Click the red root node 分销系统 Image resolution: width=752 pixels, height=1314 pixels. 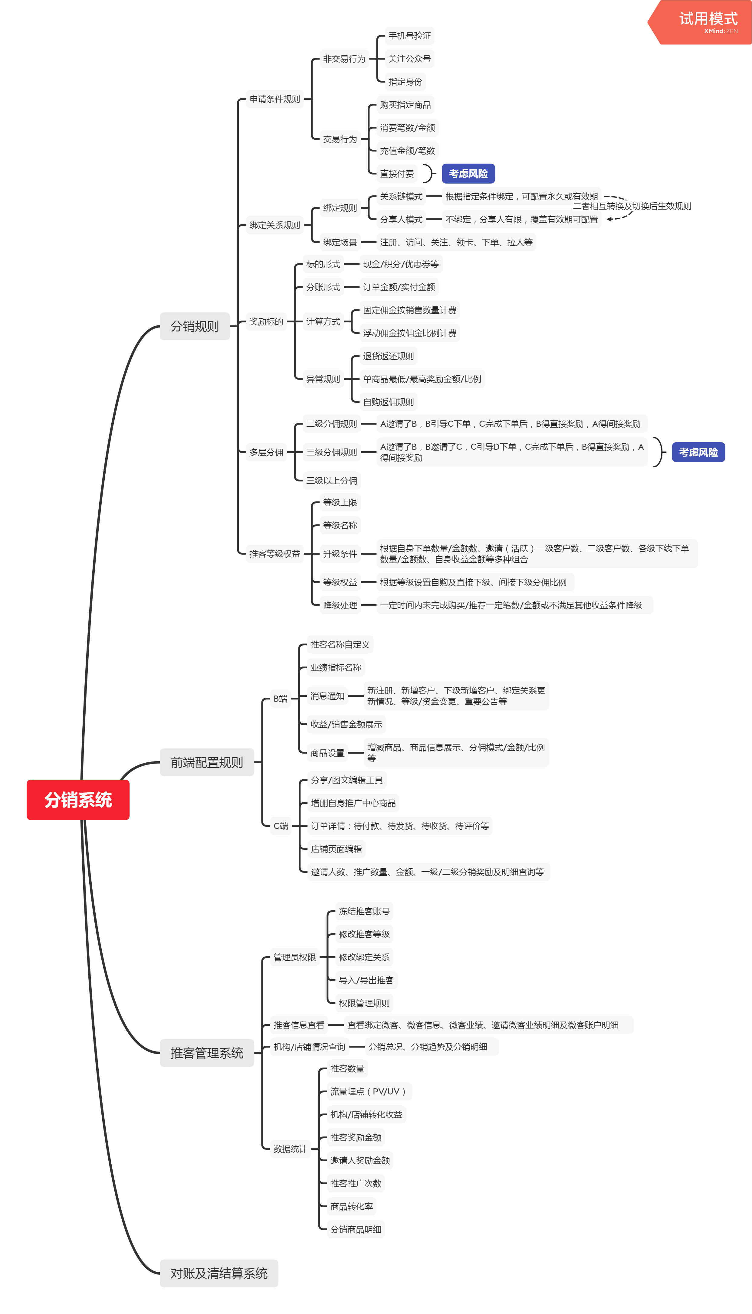(78, 800)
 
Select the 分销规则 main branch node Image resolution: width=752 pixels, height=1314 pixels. (195, 326)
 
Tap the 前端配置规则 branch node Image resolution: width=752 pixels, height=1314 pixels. (207, 762)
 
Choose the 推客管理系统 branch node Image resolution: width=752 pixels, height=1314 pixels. (207, 1053)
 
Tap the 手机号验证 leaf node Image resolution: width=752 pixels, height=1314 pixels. (409, 36)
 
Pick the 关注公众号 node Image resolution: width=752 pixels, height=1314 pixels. (409, 59)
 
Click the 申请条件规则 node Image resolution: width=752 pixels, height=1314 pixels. (275, 99)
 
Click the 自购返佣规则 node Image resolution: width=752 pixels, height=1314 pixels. (388, 402)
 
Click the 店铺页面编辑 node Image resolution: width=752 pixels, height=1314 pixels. (336, 849)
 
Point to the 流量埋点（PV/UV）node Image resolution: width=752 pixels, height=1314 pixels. (368, 1091)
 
